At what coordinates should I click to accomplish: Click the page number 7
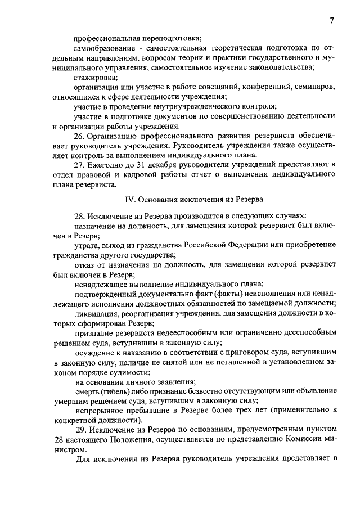pyautogui.click(x=332, y=21)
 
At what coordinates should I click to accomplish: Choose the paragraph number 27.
pyautogui.click(x=80, y=164)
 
